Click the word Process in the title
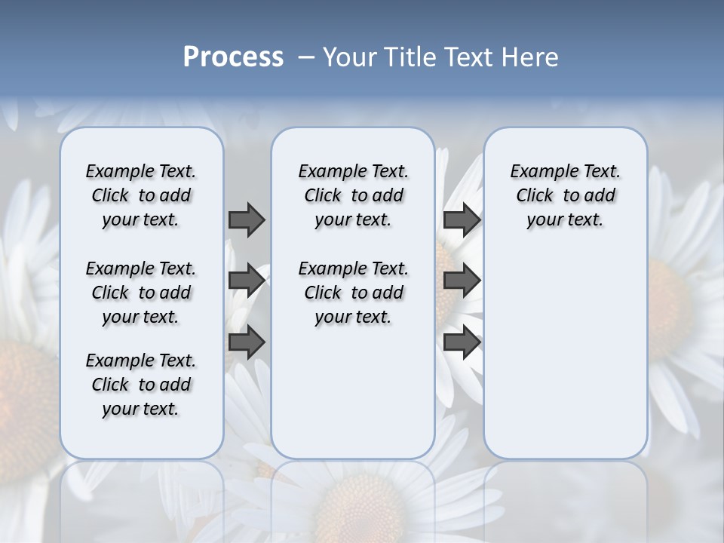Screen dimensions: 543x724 (233, 57)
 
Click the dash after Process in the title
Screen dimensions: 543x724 (306, 57)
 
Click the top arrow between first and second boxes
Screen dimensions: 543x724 (247, 219)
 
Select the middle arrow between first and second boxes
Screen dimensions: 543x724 (247, 280)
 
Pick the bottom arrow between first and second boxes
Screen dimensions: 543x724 (247, 342)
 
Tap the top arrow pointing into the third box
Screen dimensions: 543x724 (462, 219)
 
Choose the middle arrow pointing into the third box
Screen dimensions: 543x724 (462, 280)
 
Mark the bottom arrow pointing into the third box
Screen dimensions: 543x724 (462, 342)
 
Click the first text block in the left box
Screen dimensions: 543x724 (141, 195)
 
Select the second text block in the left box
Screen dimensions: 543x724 (141, 293)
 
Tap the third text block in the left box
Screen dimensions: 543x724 (141, 385)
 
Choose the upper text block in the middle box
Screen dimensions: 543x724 (353, 195)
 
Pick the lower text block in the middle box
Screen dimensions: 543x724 (353, 293)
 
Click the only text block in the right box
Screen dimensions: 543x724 (565, 195)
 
